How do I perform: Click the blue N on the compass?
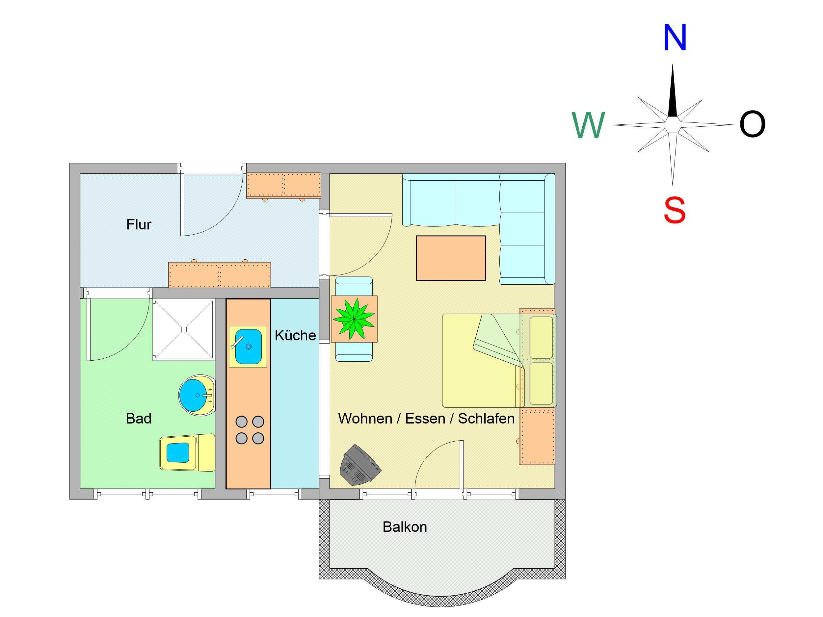point(675,38)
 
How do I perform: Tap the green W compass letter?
point(589,125)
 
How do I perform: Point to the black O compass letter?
point(752,124)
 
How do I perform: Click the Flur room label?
point(139,225)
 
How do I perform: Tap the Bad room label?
point(139,419)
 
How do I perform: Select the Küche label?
point(295,335)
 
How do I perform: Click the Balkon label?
point(405,527)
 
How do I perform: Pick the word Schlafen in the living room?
point(486,419)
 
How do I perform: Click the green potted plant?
point(354,319)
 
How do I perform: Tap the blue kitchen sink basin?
point(248,346)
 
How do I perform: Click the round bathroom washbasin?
point(197,395)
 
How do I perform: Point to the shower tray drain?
point(184,329)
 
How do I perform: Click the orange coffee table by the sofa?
point(451,258)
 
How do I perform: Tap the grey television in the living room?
point(360,465)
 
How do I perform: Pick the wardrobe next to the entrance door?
point(283,185)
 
